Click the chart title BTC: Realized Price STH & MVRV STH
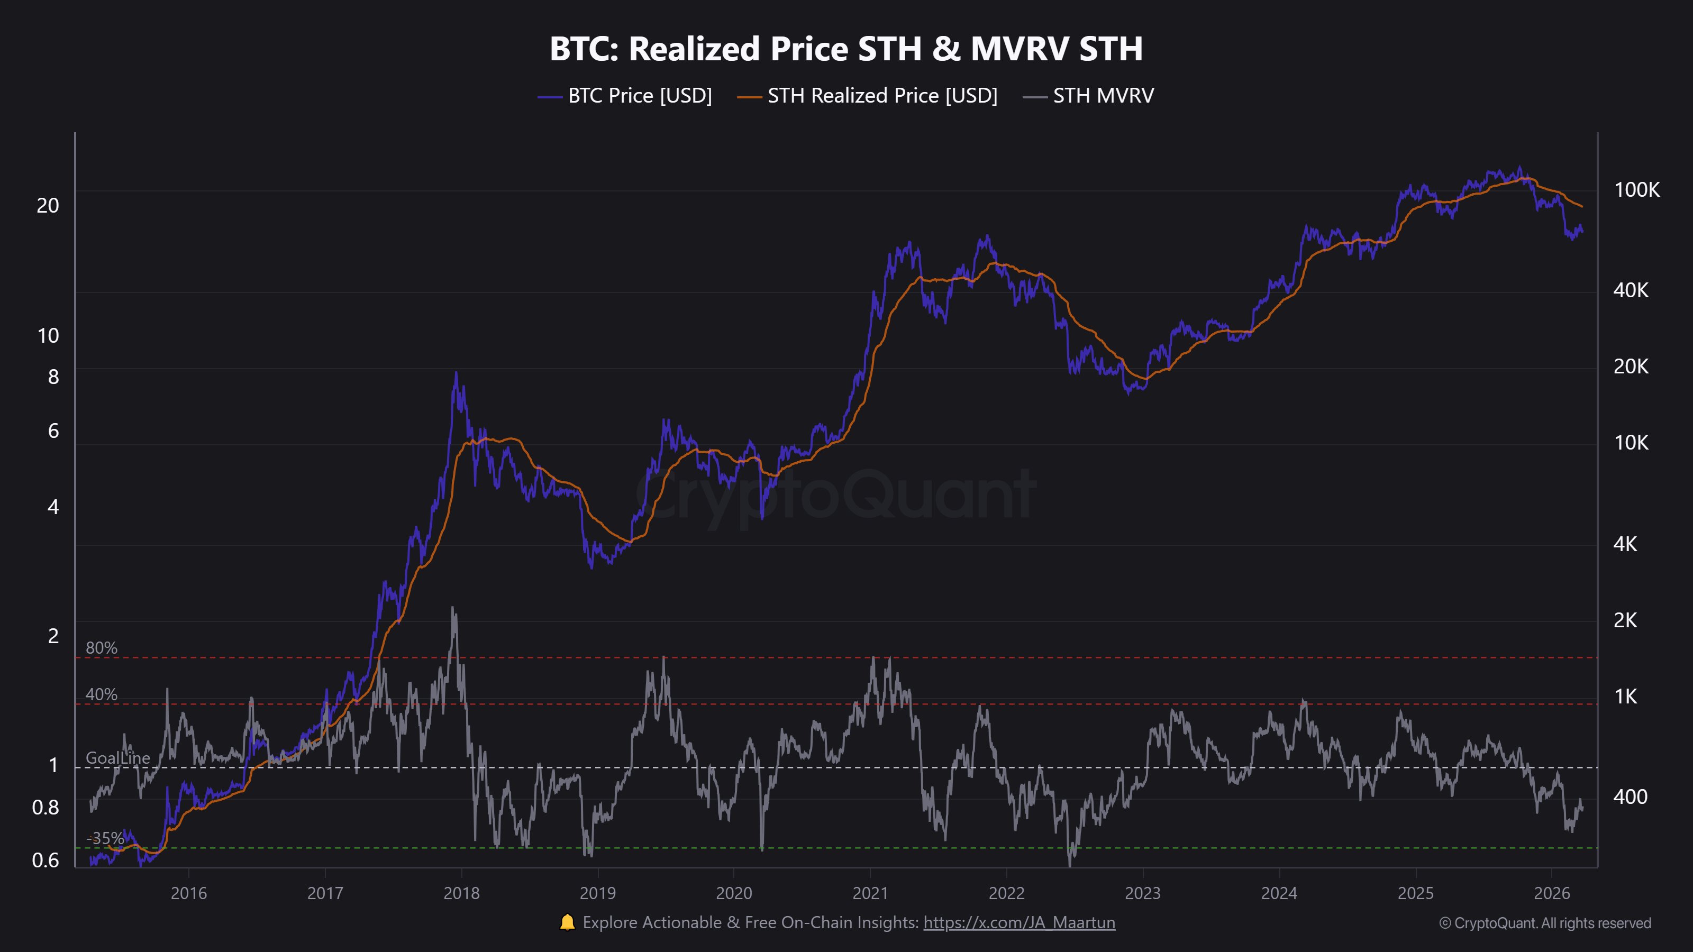(x=846, y=49)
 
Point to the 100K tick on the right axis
(x=1636, y=190)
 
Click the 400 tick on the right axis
(x=1630, y=797)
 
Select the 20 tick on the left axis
(x=47, y=206)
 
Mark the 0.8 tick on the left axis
(x=45, y=808)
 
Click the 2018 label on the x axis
(x=461, y=893)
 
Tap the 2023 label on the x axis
(x=1143, y=893)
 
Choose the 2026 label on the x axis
(x=1552, y=893)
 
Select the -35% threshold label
(x=105, y=838)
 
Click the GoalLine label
(x=117, y=757)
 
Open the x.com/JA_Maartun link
(x=1018, y=923)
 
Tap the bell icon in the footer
(x=567, y=922)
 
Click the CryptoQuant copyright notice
(x=1544, y=923)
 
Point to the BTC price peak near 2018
(x=456, y=374)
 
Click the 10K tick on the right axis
(x=1631, y=443)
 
